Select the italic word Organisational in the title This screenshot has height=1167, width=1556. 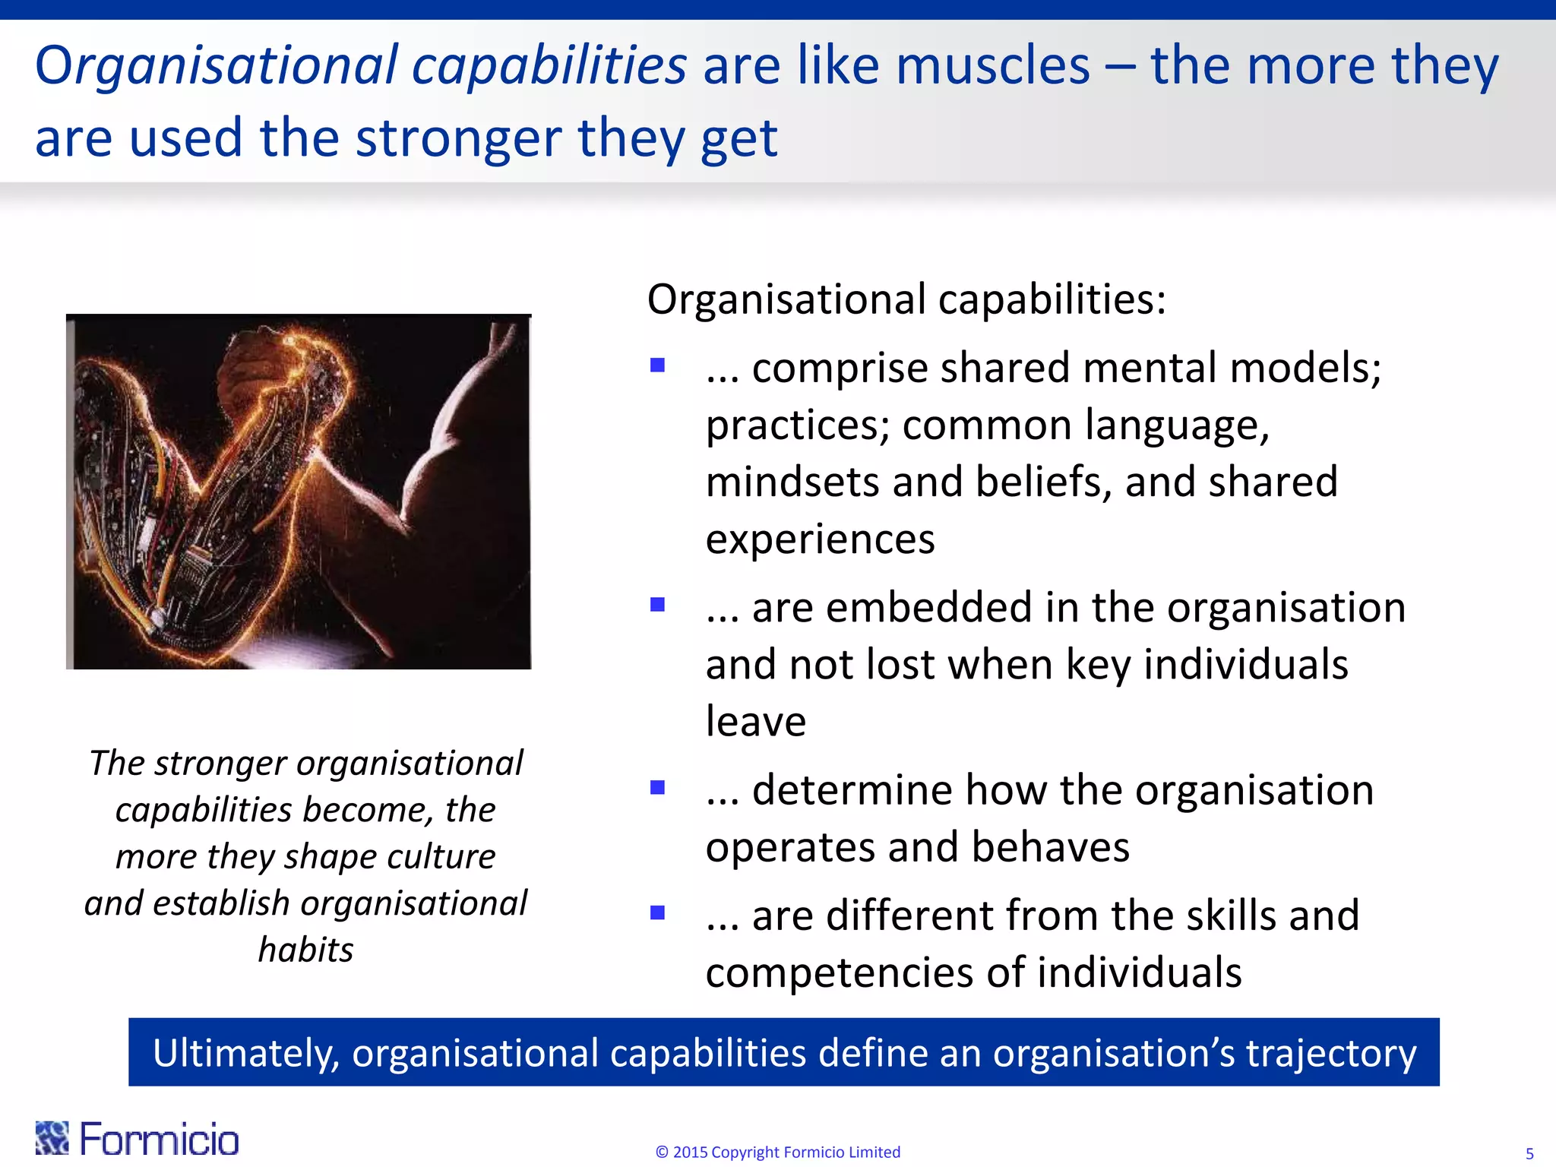tap(216, 66)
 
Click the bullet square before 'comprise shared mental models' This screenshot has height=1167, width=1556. tap(658, 365)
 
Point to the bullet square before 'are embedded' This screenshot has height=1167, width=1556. tap(658, 605)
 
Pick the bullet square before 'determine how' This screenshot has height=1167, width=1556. tap(658, 787)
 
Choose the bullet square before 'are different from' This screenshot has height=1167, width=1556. tap(658, 912)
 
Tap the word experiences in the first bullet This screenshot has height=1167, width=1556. tap(820, 540)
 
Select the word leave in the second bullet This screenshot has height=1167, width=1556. tap(755, 722)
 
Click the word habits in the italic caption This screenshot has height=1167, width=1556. tap(305, 950)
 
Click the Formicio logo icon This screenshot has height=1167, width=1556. tap(52, 1137)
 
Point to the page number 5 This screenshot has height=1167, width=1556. tap(1529, 1153)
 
